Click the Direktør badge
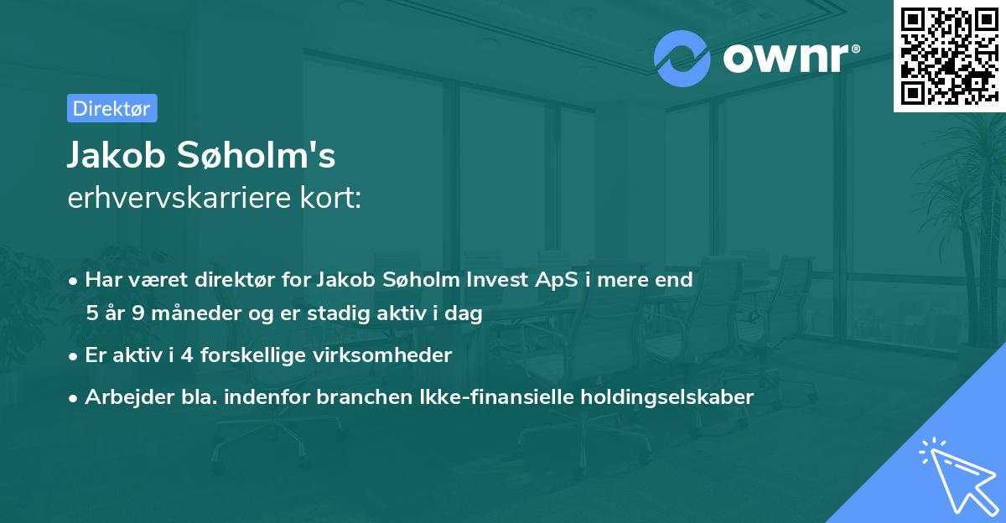point(111,108)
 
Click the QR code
point(949,55)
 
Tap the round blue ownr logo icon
point(682,58)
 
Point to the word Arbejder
point(123,396)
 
